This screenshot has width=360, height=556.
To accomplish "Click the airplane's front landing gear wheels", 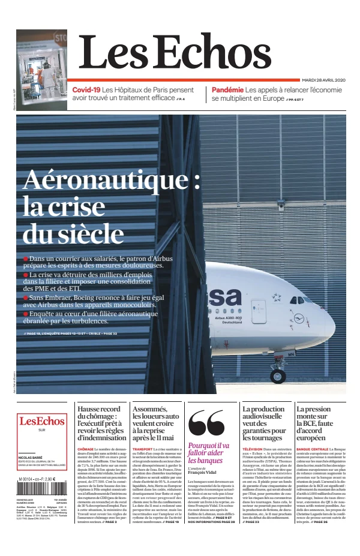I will coord(277,376).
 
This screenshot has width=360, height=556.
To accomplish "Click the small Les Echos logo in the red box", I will coord(41,421).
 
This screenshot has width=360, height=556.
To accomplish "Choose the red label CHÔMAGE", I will coord(86,449).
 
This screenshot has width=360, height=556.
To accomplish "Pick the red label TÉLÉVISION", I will coord(253,449).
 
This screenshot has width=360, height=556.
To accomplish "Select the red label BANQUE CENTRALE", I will coord(312,449).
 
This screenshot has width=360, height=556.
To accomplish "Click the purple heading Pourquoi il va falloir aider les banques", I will coord(208,453).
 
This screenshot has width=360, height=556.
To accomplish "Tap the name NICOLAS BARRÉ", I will coord(31,457).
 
